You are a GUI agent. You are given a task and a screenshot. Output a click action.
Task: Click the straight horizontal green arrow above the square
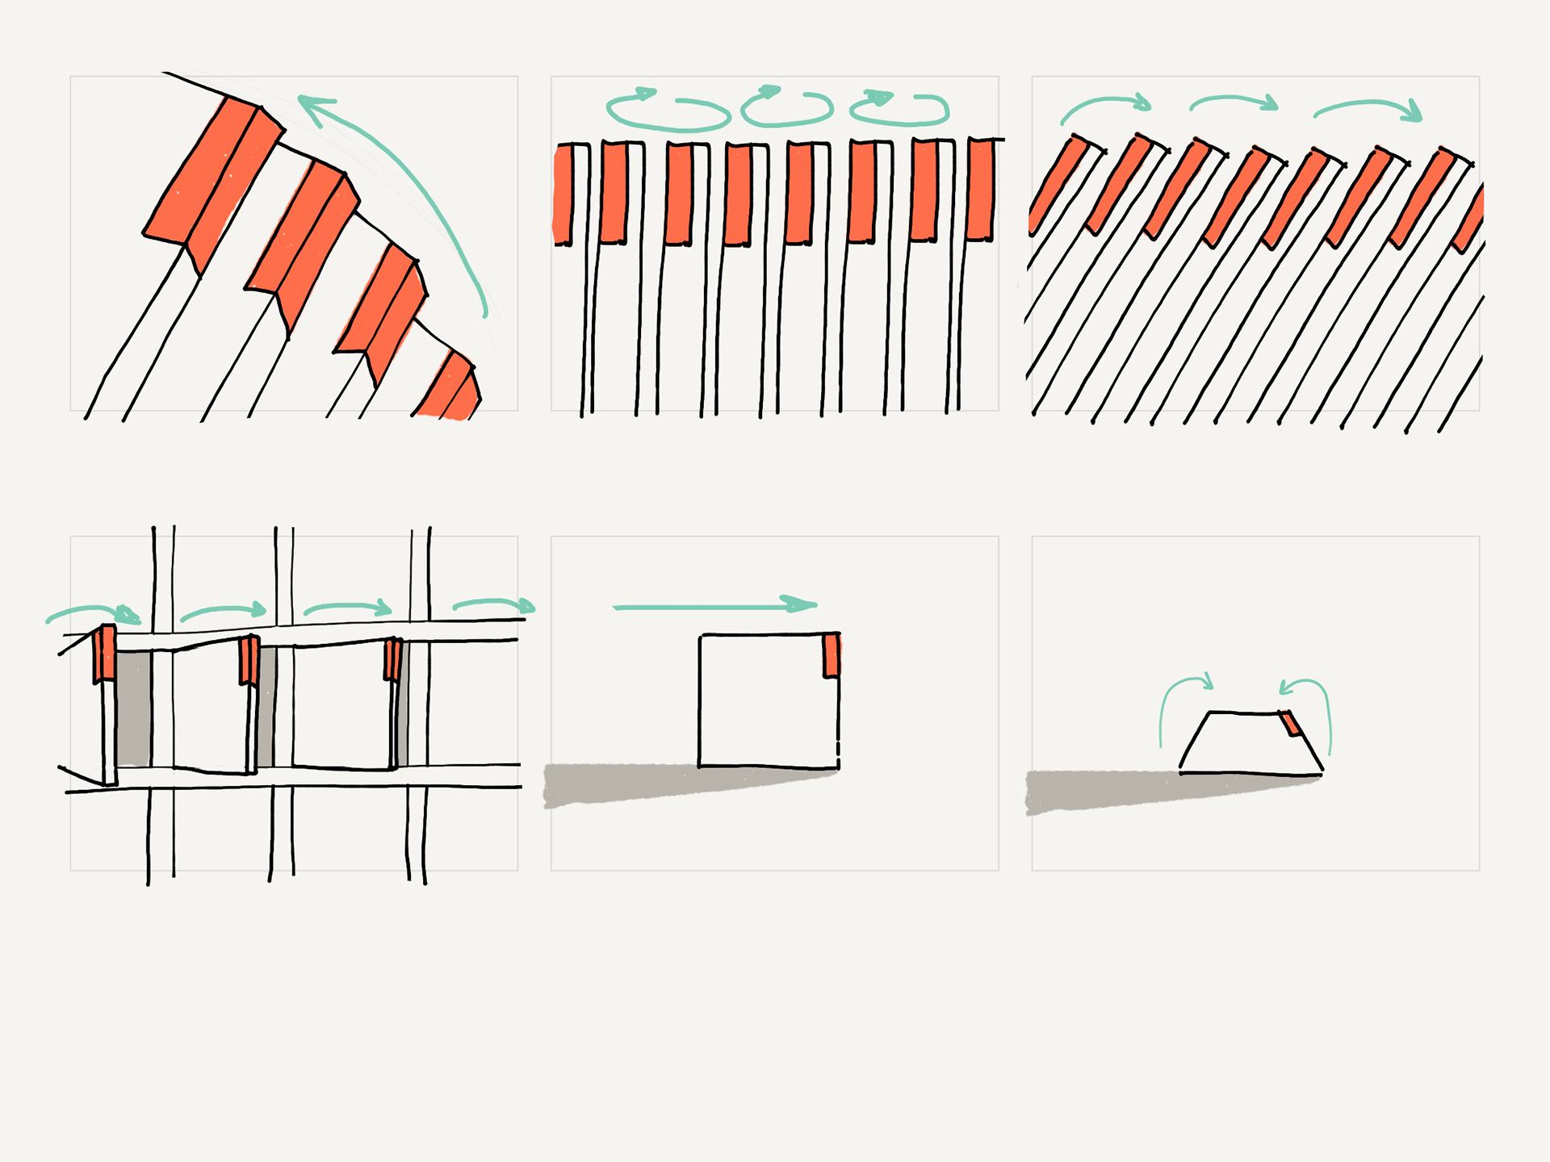coord(714,606)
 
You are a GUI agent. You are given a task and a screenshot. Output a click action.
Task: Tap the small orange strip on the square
coord(831,655)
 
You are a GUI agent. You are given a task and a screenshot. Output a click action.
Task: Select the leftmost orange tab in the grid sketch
coord(104,654)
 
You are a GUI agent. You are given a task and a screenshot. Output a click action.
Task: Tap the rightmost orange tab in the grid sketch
coord(393,659)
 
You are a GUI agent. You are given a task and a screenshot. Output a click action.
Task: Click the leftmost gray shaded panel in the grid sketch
coord(133,708)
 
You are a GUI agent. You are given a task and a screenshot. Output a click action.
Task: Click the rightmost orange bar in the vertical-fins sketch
coord(980,190)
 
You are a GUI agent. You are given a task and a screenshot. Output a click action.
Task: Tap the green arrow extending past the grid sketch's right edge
coord(494,604)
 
